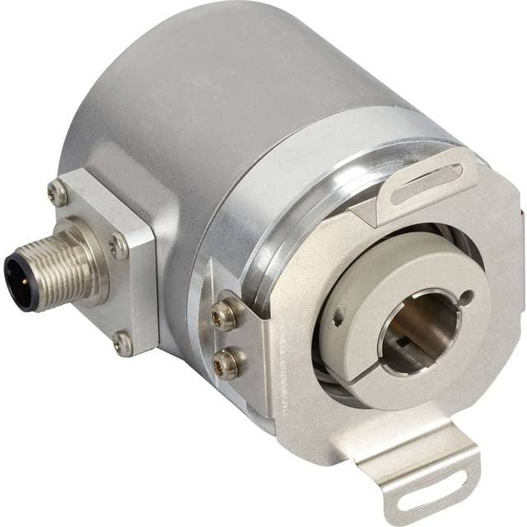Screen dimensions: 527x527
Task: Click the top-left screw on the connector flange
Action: [58, 194]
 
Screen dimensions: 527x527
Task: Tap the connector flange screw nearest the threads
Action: [119, 244]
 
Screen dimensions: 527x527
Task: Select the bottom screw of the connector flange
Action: [124, 344]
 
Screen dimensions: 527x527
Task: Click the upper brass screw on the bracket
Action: [223, 315]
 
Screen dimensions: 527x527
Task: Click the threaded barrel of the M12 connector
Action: [58, 268]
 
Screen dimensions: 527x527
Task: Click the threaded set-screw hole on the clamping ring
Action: [338, 318]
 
